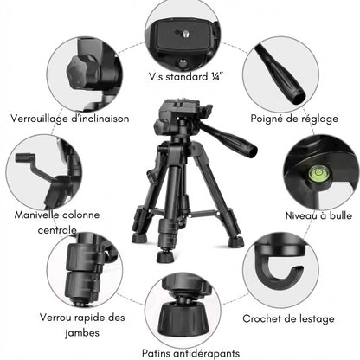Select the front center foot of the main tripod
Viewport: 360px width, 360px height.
tap(164, 256)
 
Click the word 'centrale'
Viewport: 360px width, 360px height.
tap(40, 232)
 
